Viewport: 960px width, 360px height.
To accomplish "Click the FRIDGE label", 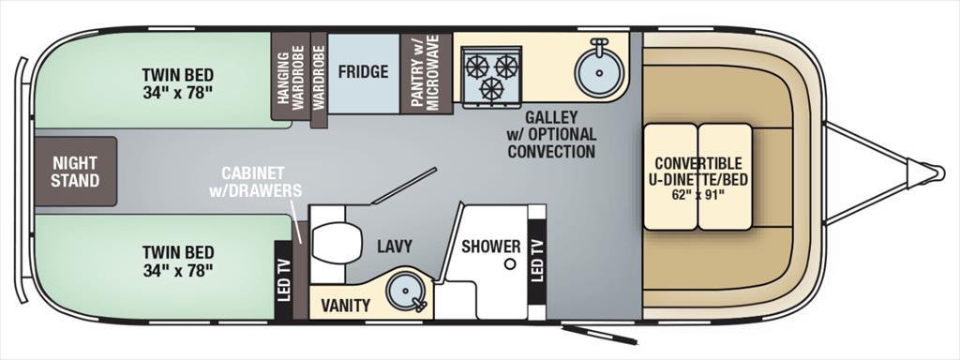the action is pyautogui.click(x=363, y=71).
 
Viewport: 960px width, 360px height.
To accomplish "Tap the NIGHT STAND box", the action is pyautogui.click(x=75, y=172).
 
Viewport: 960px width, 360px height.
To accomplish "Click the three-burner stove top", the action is pyautogui.click(x=492, y=73).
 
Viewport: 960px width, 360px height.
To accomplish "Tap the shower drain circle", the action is pyautogui.click(x=508, y=264).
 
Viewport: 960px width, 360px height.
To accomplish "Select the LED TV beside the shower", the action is pyautogui.click(x=537, y=262).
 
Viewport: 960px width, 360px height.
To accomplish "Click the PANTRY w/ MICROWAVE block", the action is pyautogui.click(x=427, y=73).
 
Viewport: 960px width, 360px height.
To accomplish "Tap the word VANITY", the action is pyautogui.click(x=346, y=305).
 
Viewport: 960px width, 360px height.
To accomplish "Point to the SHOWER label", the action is pyautogui.click(x=491, y=247).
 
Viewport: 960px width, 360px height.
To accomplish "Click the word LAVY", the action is pyautogui.click(x=395, y=247).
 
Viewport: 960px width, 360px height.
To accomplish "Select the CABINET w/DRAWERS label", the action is pyautogui.click(x=255, y=181).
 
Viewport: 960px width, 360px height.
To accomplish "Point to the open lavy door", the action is pyautogui.click(x=405, y=185).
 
